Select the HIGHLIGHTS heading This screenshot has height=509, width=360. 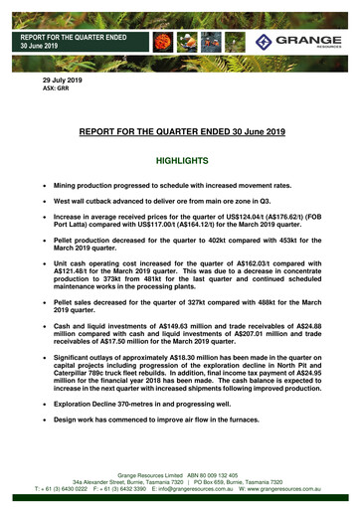click(179, 159)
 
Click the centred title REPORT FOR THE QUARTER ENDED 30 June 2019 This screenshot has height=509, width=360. click(180, 129)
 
